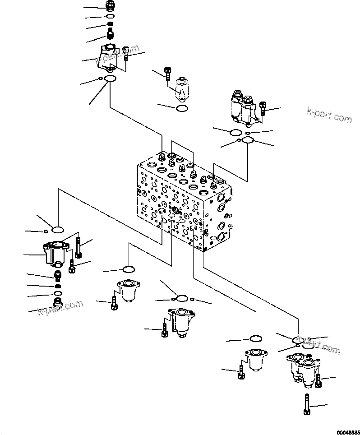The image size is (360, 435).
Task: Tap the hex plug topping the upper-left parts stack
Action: pyautogui.click(x=110, y=6)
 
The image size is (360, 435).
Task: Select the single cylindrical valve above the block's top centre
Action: pyautogui.click(x=181, y=89)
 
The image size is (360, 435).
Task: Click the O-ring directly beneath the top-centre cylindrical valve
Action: pyautogui.click(x=181, y=108)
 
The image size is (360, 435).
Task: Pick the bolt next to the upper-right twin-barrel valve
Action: pyautogui.click(x=263, y=108)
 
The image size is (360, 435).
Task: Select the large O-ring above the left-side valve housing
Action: pyautogui.click(x=58, y=230)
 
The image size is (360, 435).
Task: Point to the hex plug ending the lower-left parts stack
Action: pyautogui.click(x=58, y=301)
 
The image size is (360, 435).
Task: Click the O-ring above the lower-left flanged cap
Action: pyautogui.click(x=128, y=269)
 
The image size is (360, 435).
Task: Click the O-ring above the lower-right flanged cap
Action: pyautogui.click(x=256, y=338)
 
